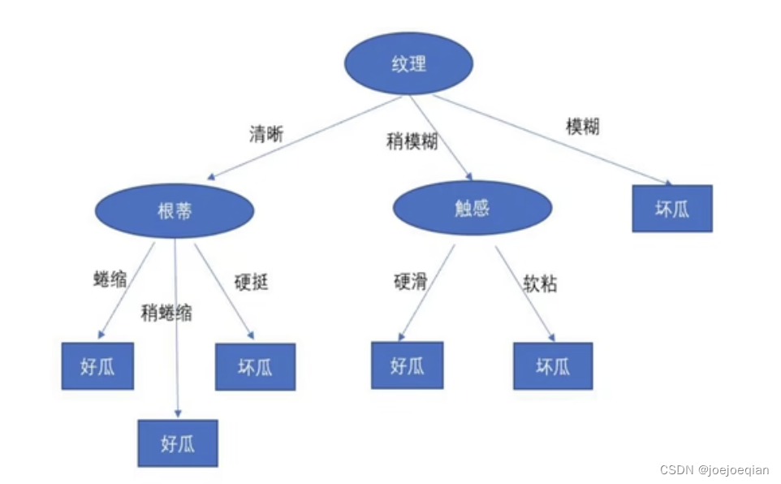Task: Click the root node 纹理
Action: click(x=408, y=64)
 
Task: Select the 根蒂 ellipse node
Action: click(x=175, y=210)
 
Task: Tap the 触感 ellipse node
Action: click(x=472, y=208)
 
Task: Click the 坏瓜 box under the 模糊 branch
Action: click(x=671, y=209)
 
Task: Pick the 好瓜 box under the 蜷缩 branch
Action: click(x=97, y=365)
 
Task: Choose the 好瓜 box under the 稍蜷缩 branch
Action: click(x=178, y=443)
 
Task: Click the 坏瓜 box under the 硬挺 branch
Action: click(x=255, y=366)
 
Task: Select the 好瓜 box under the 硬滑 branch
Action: click(x=408, y=365)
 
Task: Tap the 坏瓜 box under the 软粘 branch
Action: click(x=553, y=365)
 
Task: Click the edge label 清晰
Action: click(x=266, y=135)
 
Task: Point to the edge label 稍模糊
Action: click(x=412, y=141)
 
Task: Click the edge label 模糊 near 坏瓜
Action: click(x=582, y=127)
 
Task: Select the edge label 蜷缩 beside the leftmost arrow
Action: click(x=110, y=280)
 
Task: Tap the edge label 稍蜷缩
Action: click(x=166, y=313)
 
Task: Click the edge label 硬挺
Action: click(x=251, y=282)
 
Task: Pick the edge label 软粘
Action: click(x=540, y=283)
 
